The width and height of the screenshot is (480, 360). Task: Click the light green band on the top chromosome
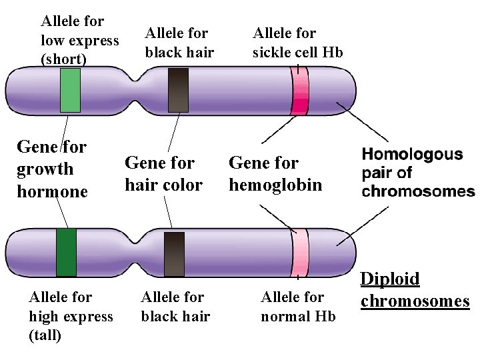[x=70, y=91]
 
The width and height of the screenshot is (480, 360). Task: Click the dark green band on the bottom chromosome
[x=66, y=252]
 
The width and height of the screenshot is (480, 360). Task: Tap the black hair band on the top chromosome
[x=178, y=91]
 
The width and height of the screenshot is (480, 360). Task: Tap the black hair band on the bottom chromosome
[x=174, y=253]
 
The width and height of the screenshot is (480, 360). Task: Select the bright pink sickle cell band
[x=299, y=92]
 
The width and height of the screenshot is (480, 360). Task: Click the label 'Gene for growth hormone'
[x=52, y=169]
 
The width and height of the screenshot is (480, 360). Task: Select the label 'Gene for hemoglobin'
[x=275, y=173]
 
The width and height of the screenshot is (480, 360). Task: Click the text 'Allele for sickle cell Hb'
[x=297, y=42]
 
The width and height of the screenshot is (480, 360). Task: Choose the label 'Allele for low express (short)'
[x=79, y=41]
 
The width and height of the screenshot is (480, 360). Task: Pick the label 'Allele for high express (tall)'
[x=70, y=317]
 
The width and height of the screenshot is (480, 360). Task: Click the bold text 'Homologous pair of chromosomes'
[x=418, y=173]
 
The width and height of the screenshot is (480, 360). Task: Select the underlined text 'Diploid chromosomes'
[x=415, y=290]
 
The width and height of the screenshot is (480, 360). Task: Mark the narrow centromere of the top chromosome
[x=141, y=91]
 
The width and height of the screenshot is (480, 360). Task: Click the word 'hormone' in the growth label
[x=52, y=192]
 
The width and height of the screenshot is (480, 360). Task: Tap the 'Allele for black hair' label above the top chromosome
[x=179, y=42]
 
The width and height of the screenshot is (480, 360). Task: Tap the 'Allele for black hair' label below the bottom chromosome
[x=175, y=307]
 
